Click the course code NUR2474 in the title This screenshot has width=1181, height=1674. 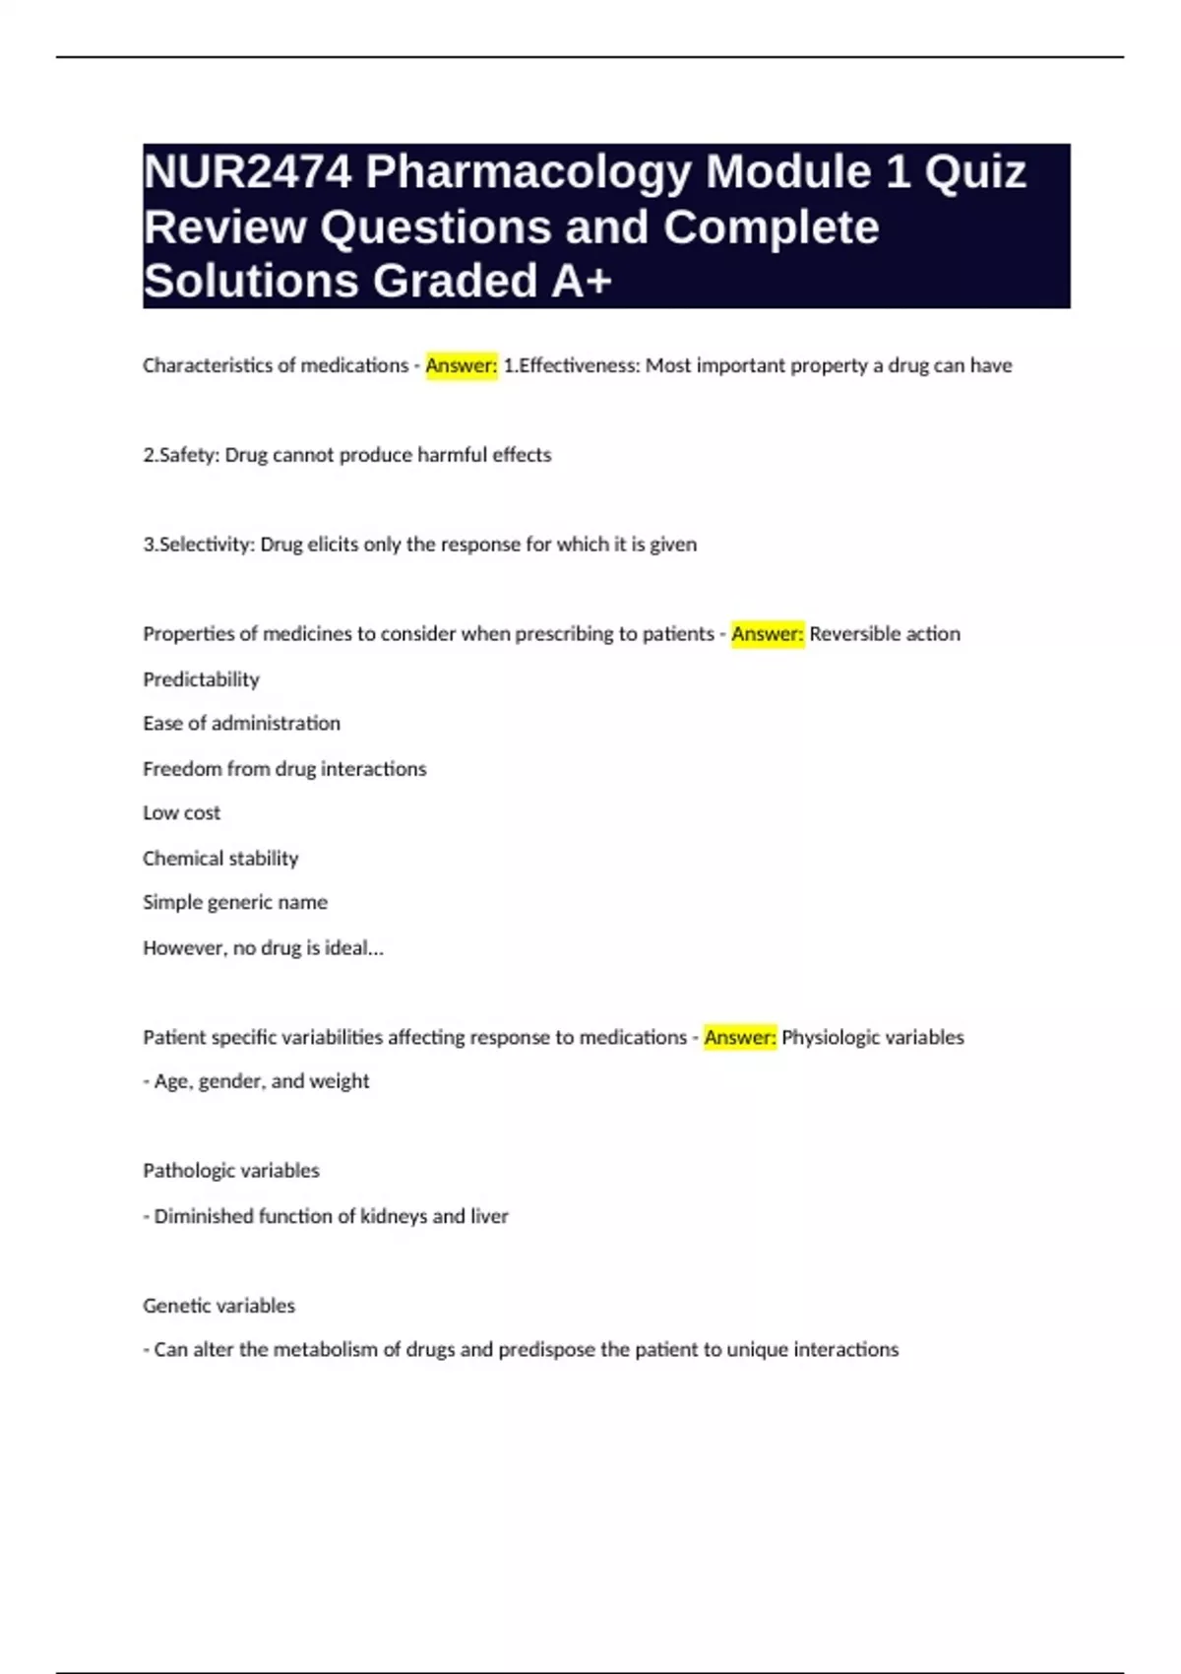click(x=247, y=172)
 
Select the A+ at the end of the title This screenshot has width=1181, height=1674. click(x=582, y=281)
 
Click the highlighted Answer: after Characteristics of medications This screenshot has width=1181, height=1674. click(x=462, y=365)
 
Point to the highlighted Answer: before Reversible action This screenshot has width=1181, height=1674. click(x=768, y=634)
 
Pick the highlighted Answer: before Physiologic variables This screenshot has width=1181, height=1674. click(x=740, y=1037)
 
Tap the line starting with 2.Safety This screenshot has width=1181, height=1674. click(x=346, y=455)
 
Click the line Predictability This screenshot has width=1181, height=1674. click(x=201, y=679)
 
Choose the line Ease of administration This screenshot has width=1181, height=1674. click(x=241, y=724)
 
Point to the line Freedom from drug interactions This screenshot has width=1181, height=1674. click(x=284, y=769)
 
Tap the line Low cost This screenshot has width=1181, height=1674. click(x=181, y=813)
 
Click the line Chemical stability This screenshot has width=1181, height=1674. click(x=220, y=859)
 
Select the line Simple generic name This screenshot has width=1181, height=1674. click(x=234, y=902)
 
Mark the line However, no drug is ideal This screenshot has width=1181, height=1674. click(x=263, y=948)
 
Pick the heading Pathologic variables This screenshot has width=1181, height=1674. click(x=231, y=1171)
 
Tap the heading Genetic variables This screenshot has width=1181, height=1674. click(x=218, y=1306)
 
